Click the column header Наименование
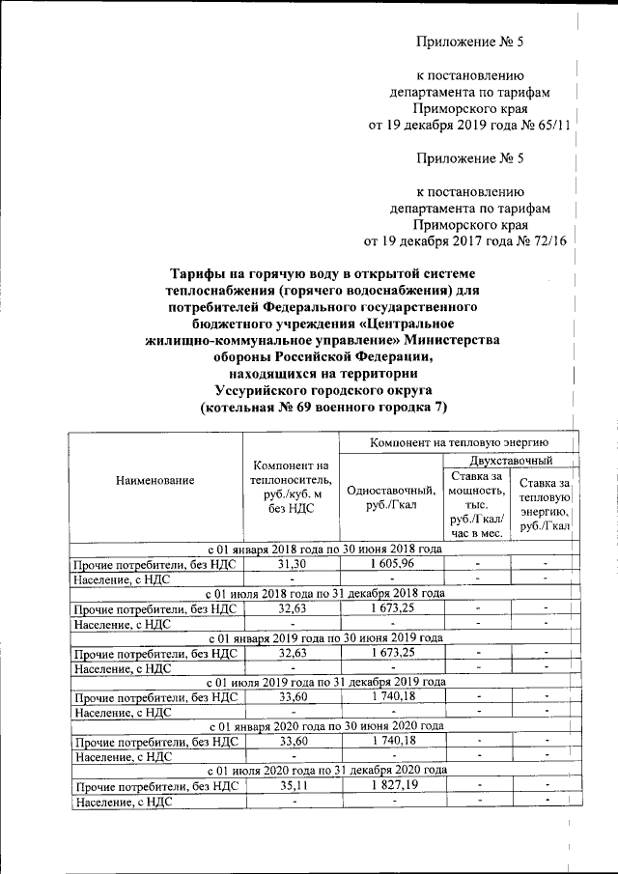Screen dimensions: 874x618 click(154, 480)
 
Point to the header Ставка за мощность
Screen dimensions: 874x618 click(471, 503)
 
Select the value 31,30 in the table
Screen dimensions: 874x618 click(292, 563)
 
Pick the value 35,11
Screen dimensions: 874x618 click(292, 786)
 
